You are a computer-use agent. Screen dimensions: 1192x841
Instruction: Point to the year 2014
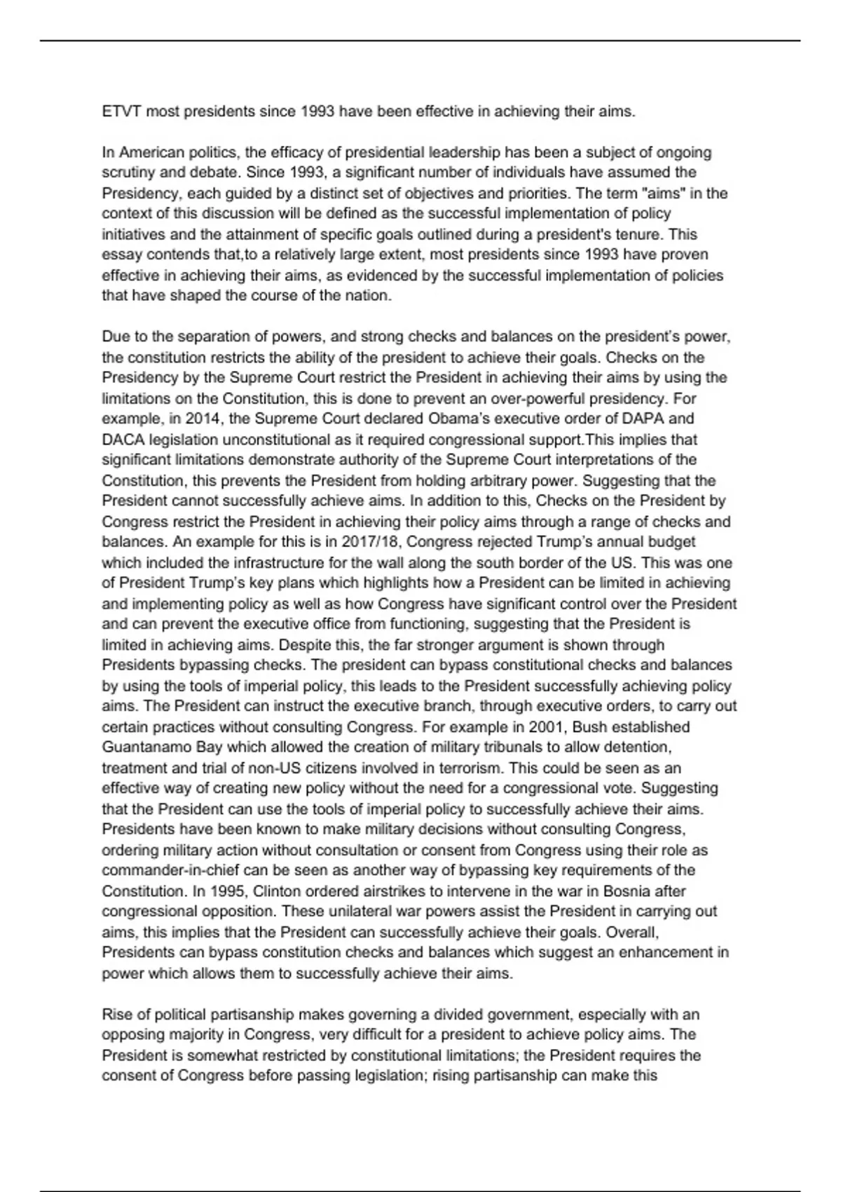201,419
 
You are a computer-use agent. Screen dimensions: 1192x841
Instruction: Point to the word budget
673,542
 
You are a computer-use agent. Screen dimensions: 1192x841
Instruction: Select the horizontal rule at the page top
420,41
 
